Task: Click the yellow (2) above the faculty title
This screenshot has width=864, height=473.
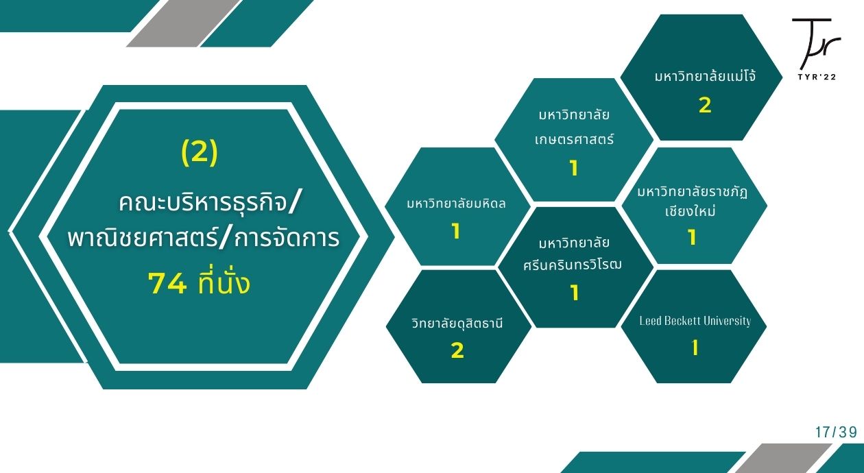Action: pos(200,152)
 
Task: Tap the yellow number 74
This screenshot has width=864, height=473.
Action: pos(168,284)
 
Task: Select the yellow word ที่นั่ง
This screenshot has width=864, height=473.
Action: pos(224,282)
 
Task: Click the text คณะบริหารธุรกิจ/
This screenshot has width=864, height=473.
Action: pos(208,202)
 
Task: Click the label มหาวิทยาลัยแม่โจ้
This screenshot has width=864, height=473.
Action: pos(705,75)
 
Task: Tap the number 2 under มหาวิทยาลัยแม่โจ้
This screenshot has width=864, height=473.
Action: pos(705,106)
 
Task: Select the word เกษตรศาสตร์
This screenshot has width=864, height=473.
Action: pos(574,138)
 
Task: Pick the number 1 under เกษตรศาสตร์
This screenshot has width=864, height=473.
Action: pos(574,168)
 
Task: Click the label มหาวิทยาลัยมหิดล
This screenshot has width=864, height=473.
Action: pos(456,203)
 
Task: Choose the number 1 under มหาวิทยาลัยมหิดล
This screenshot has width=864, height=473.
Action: pos(456,231)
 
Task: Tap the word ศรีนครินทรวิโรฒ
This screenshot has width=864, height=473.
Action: pos(573,265)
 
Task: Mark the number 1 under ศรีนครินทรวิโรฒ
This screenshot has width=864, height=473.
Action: pos(575,293)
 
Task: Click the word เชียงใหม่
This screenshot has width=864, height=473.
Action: pos(691,210)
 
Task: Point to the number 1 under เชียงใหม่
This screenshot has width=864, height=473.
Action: pos(692,237)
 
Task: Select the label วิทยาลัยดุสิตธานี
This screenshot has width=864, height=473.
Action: pos(457,323)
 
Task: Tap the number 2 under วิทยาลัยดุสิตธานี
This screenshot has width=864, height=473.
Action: pos(457,350)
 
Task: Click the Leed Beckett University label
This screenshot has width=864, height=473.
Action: pos(695,321)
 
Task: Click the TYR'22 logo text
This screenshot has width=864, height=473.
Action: pos(817,77)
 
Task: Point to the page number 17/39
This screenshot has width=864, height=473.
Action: pos(837,432)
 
